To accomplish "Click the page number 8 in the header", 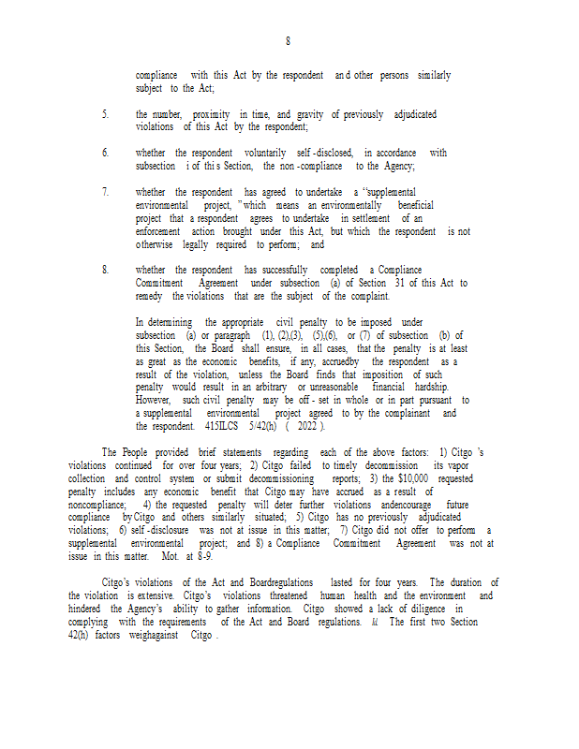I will pos(289,41).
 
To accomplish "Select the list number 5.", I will pos(105,114).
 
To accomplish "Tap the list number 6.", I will pos(105,153).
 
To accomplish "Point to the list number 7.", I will pos(105,192).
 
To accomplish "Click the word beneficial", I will pos(415,204).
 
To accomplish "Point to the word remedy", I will pos(150,296).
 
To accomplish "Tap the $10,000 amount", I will pos(397,478).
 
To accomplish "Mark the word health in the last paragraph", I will pos(362,595).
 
